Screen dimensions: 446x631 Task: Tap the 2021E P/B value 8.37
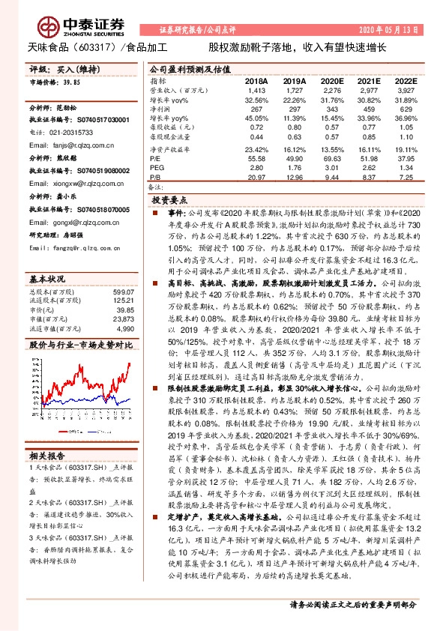click(367, 176)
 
